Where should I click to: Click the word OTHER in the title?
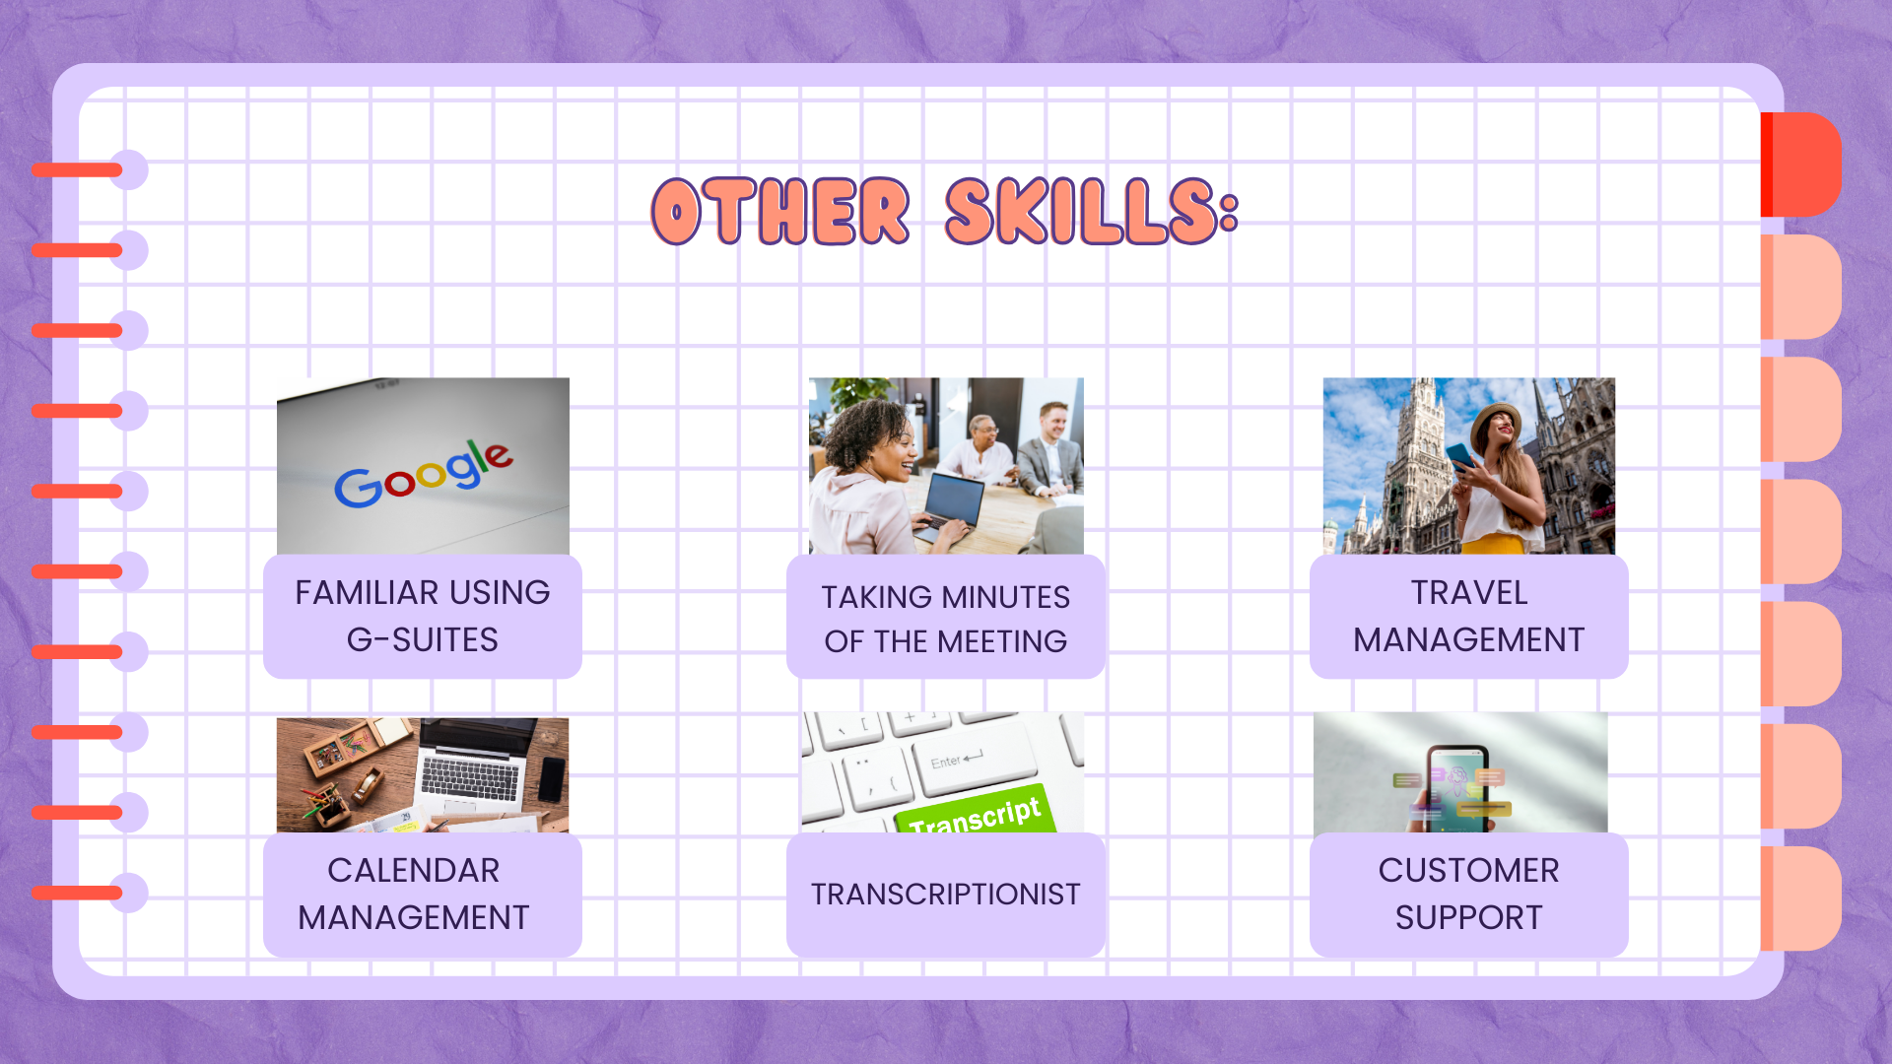780,211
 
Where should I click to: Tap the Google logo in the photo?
424,474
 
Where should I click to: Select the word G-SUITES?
423,640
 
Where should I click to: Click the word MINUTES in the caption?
1006,597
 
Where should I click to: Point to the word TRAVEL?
1469,593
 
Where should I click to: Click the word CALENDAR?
414,871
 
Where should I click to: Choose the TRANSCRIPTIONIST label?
946,895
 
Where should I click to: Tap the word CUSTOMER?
1469,871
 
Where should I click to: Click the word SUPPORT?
1469,918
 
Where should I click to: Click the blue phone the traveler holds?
1460,456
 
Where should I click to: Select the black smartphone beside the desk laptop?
553,779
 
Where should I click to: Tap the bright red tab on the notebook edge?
1801,165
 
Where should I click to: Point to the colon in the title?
1228,211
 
